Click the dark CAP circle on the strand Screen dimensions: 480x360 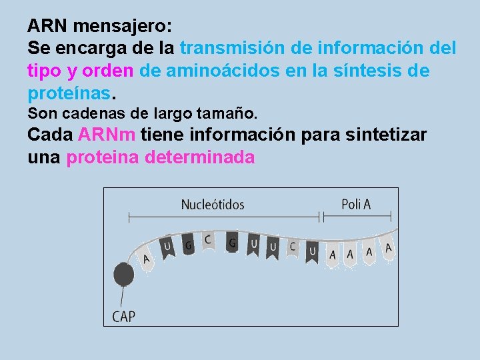click(123, 273)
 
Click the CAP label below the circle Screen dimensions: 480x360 click(123, 315)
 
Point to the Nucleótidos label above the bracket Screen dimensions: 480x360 click(213, 205)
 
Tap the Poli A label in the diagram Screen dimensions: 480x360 click(356, 204)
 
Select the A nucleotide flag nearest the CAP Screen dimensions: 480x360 click(146, 259)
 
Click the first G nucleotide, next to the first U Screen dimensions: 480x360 click(189, 245)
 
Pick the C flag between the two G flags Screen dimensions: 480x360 click(208, 239)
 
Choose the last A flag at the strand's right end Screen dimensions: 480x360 click(389, 247)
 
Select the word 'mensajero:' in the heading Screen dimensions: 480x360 click(123, 27)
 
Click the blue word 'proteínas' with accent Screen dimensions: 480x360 click(63, 92)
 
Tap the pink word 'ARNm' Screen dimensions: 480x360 click(107, 135)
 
